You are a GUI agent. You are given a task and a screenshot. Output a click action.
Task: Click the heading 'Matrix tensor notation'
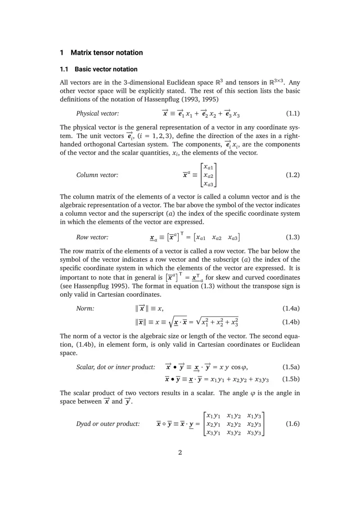[107, 53]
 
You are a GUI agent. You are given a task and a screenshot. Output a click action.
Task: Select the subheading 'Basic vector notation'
[106, 69]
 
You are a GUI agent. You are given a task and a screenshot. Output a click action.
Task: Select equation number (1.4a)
[291, 308]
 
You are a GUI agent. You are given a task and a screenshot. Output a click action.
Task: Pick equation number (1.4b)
[291, 322]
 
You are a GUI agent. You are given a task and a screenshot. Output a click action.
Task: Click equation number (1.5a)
[291, 366]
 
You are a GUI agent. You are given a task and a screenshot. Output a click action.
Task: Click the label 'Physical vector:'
[98, 113]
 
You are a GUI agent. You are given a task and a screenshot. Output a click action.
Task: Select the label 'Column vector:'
[97, 175]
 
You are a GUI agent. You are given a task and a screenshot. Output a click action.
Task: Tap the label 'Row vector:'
[92, 237]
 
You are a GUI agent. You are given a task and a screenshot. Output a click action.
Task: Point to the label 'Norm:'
[85, 308]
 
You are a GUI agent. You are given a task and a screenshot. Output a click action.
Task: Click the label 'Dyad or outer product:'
[108, 424]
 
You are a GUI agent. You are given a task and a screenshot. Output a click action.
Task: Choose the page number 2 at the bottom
[180, 452]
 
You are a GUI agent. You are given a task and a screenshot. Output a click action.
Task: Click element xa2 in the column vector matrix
[208, 175]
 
